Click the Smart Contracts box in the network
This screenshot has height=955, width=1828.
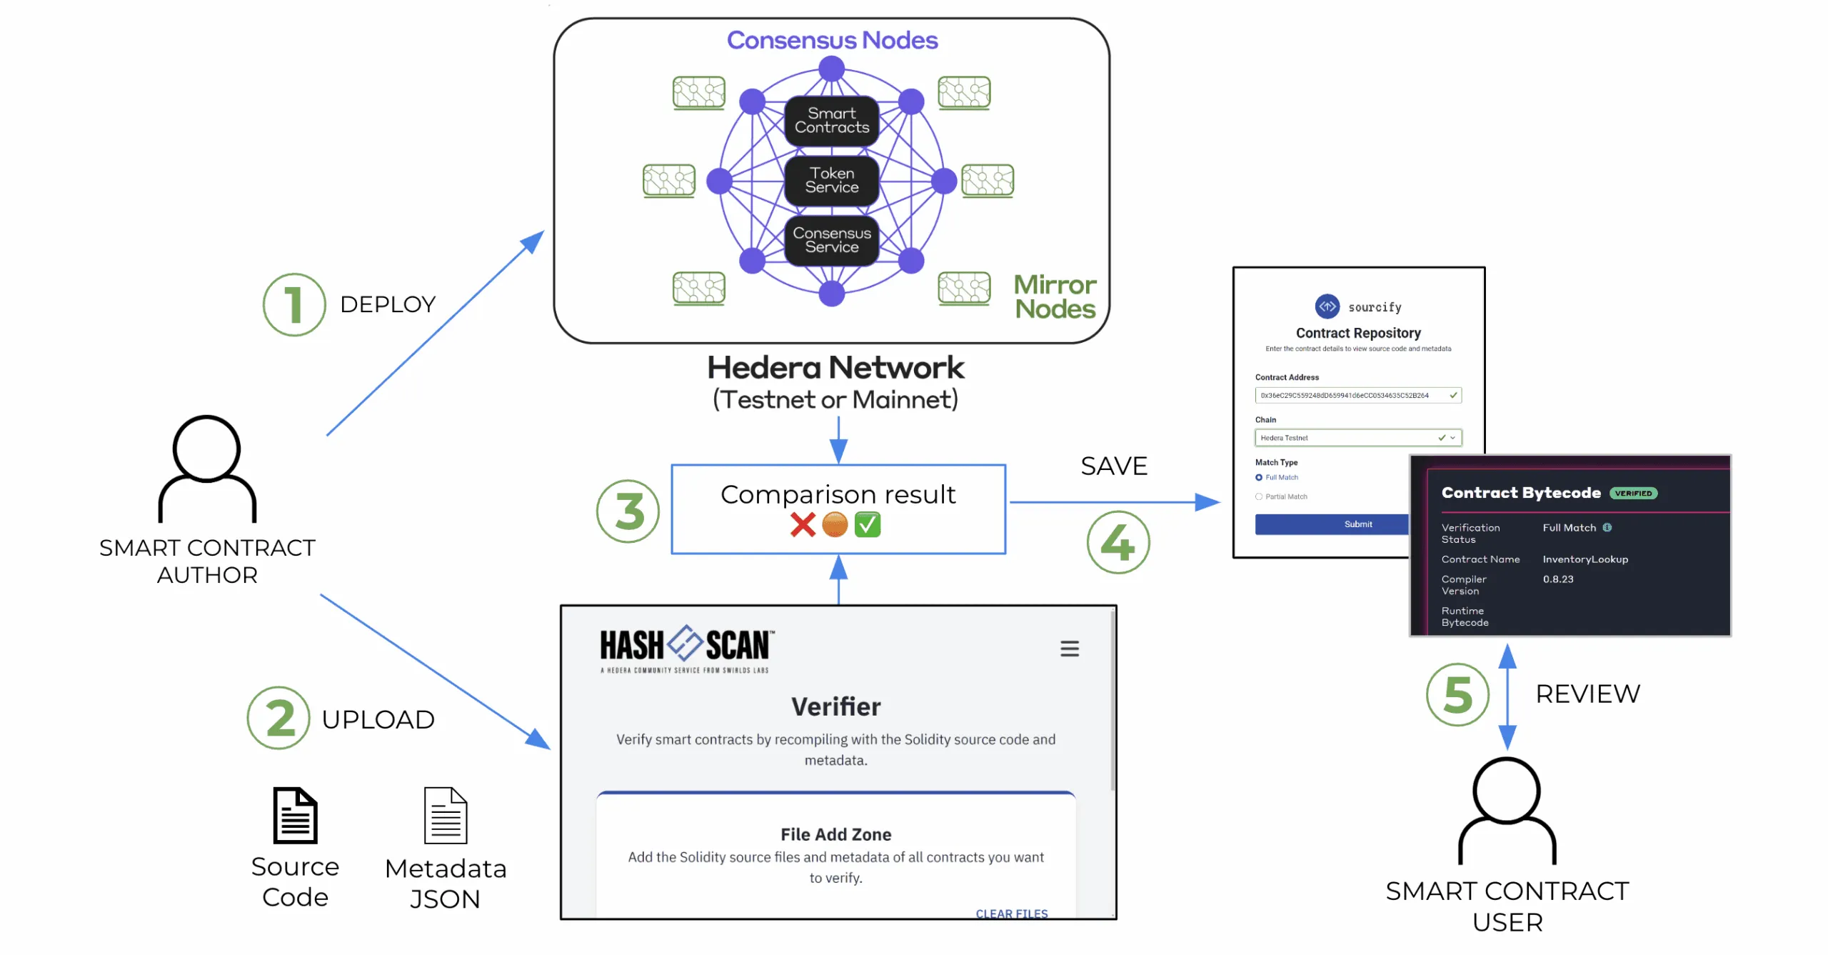click(x=831, y=121)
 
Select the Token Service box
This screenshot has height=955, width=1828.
click(x=831, y=181)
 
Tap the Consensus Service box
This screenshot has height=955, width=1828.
click(x=831, y=241)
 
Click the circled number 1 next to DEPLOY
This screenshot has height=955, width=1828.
click(x=293, y=305)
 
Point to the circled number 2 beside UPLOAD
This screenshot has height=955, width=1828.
click(x=278, y=718)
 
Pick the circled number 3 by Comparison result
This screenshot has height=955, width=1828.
click(x=628, y=511)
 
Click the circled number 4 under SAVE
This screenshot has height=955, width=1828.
click(x=1118, y=543)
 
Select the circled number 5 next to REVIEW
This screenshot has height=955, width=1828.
click(x=1457, y=694)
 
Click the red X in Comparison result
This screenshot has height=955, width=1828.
click(x=803, y=525)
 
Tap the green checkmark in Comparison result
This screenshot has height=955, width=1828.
click(x=867, y=525)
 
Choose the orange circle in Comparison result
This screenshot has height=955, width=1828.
click(x=835, y=525)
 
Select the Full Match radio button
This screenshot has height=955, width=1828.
click(x=1259, y=478)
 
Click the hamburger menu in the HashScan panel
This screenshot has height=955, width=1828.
click(x=1069, y=649)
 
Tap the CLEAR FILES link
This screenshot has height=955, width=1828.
click(x=1011, y=914)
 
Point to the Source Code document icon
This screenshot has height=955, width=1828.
click(x=295, y=816)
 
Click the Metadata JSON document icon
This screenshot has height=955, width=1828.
click(x=446, y=816)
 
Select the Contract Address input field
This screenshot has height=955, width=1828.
click(x=1357, y=396)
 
